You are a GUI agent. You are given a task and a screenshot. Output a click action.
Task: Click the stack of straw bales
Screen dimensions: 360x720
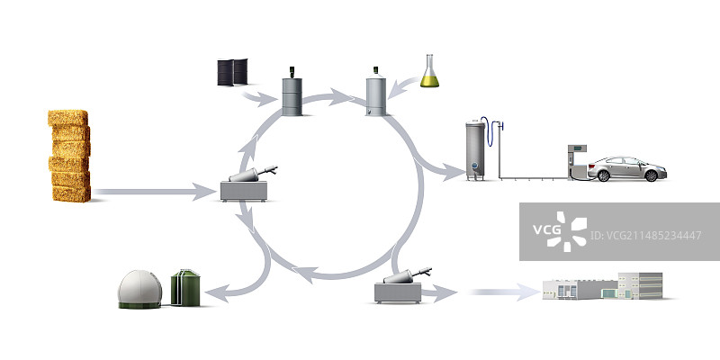pyautogui.click(x=70, y=155)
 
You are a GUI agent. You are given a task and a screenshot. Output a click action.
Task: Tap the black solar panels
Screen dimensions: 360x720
pyautogui.click(x=232, y=73)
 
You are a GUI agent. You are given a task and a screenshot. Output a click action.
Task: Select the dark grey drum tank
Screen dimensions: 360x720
pyautogui.click(x=290, y=93)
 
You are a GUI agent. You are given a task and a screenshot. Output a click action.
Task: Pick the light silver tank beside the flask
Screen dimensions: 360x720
pyautogui.click(x=377, y=94)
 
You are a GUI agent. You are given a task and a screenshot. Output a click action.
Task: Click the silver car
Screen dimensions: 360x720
pyautogui.click(x=626, y=169)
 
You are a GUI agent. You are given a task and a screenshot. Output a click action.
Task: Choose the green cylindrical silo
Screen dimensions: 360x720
pyautogui.click(x=187, y=287)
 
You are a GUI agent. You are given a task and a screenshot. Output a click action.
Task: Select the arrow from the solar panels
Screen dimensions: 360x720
pyautogui.click(x=260, y=95)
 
